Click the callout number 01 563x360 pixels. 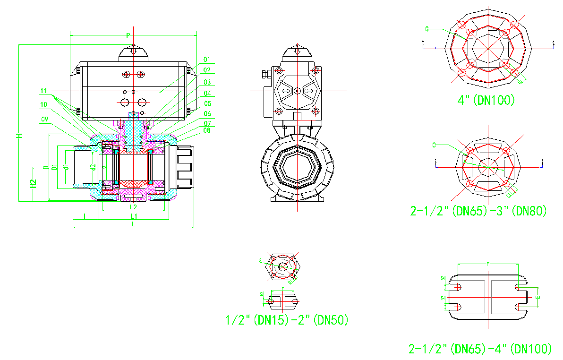point(207,60)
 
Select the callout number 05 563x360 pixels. point(207,103)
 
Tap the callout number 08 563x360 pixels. point(207,130)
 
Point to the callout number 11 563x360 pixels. point(44,91)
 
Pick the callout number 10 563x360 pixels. point(43,104)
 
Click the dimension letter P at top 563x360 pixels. point(128,35)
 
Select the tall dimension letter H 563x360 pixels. point(19,136)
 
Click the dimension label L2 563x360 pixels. point(133,207)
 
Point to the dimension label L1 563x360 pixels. point(134,216)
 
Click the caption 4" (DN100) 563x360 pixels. point(486,100)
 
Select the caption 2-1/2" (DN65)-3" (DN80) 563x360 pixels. point(478,211)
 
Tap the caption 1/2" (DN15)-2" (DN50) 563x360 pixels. point(287,320)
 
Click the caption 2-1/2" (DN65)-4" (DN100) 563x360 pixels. point(480,349)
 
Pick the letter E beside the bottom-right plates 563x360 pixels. point(537,297)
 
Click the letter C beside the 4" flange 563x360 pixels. point(427,29)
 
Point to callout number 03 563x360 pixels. point(207,82)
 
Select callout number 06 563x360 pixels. point(207,114)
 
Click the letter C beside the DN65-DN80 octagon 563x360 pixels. point(434,145)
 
